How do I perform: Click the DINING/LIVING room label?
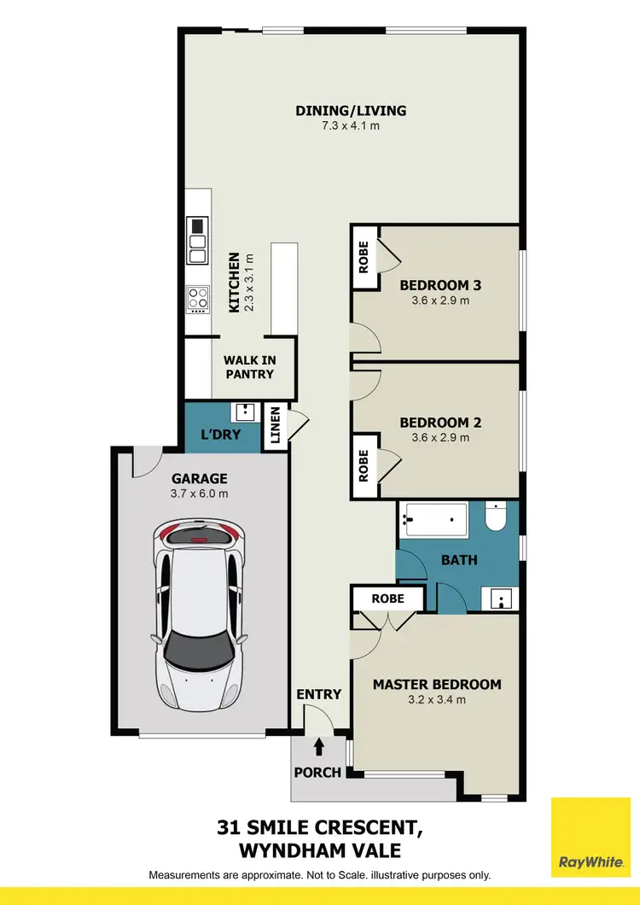[351, 110]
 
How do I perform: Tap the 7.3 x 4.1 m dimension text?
[351, 126]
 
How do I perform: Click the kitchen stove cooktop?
[198, 299]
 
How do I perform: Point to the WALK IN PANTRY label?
[249, 367]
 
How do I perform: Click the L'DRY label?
[220, 435]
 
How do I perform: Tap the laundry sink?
[245, 412]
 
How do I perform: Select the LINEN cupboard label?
[275, 423]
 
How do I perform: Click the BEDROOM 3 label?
[435, 285]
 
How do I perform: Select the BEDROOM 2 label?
[435, 423]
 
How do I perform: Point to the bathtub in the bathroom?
[435, 520]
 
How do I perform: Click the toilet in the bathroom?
[497, 517]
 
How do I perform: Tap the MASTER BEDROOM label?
[437, 684]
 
